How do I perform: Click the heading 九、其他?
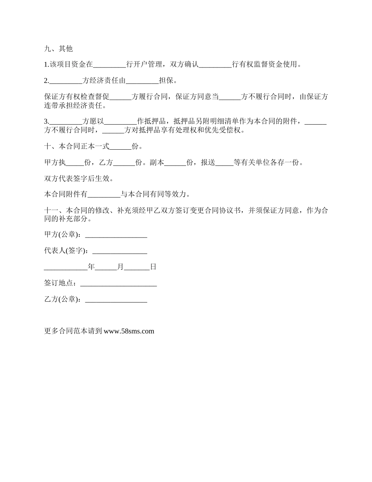point(58,49)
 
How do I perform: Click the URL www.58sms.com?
point(129,331)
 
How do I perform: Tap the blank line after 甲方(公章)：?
point(116,235)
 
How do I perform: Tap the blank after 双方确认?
point(215,65)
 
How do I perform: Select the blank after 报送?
point(224,163)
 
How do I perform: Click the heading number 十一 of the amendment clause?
point(51,210)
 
